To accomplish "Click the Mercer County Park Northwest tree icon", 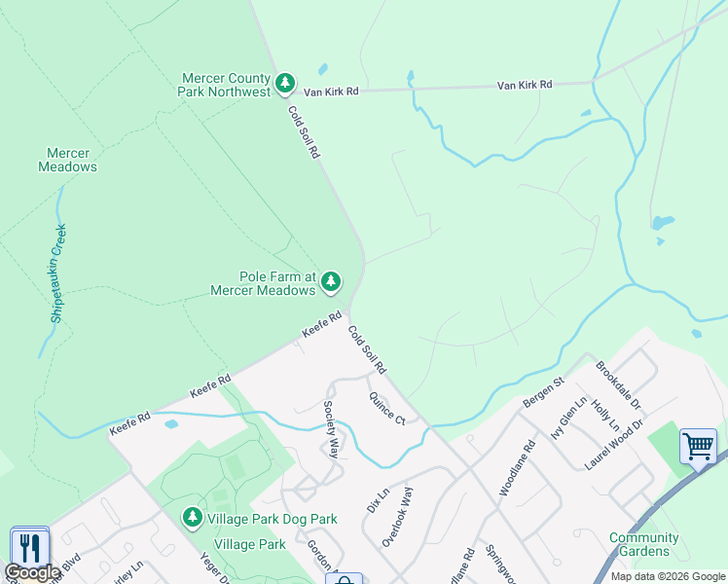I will point(285,85).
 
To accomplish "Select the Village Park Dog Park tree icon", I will point(194,518).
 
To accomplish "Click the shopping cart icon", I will point(698,447).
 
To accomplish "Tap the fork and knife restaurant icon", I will point(28,547).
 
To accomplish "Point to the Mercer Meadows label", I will point(68,160).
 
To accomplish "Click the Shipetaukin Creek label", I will point(60,274).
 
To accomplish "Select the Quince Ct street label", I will point(386,408).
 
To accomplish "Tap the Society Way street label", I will point(331,430).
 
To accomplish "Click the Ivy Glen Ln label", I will point(569,419).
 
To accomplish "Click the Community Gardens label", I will point(643,545).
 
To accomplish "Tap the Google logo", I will point(32,572).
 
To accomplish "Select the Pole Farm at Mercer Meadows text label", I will point(265,283).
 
